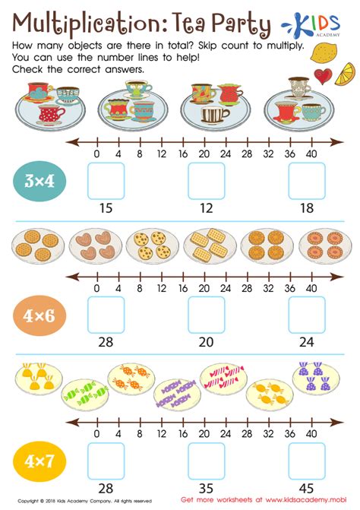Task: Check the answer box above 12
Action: [x=207, y=181]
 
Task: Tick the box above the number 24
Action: [x=307, y=315]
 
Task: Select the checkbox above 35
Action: [x=207, y=461]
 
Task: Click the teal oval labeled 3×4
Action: [x=39, y=181]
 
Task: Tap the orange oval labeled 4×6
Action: [x=39, y=315]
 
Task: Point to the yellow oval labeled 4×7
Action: [x=39, y=461]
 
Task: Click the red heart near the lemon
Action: [x=323, y=76]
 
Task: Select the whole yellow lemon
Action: [x=324, y=53]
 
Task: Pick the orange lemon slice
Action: [x=345, y=74]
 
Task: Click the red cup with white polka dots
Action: [x=50, y=115]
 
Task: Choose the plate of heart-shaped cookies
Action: [x=95, y=245]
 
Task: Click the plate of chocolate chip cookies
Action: [x=153, y=245]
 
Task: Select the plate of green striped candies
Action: [x=85, y=394]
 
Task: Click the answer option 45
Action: [x=306, y=488]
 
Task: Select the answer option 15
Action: [x=106, y=208]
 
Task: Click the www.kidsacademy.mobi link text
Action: [x=306, y=499]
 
